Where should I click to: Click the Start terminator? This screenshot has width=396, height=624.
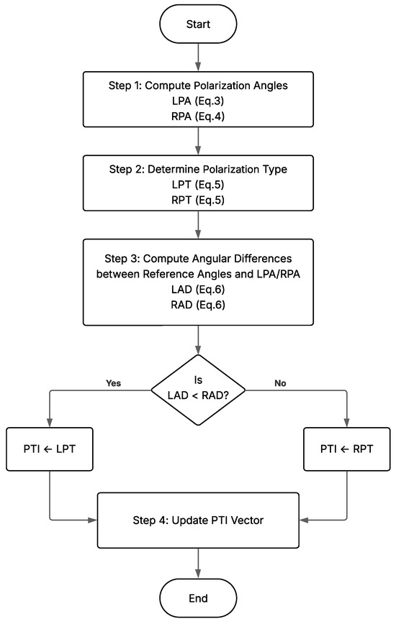tap(198, 24)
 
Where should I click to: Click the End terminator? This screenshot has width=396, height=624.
tap(198, 597)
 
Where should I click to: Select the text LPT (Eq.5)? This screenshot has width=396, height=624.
tap(198, 185)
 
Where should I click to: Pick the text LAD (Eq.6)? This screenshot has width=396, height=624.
tap(198, 290)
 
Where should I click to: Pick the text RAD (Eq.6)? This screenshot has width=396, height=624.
tap(198, 306)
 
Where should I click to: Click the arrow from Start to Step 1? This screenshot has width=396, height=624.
tap(198, 58)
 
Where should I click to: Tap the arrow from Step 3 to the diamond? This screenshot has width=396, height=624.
tap(198, 339)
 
